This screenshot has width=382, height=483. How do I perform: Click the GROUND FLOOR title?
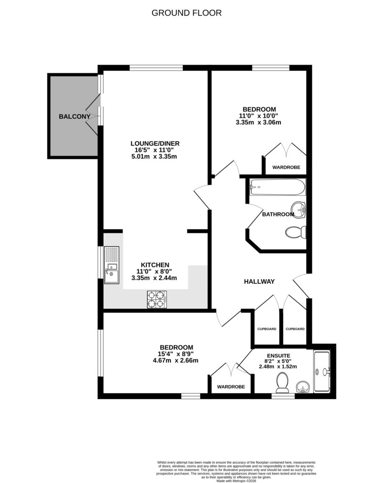pos(186,13)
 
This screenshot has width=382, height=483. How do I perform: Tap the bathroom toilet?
pos(297,233)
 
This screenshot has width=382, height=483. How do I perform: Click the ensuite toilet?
pos(283,383)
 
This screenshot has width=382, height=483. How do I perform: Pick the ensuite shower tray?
pos(323,372)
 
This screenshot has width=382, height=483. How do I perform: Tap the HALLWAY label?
pos(259,282)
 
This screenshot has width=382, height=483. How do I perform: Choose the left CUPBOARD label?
pos(267,329)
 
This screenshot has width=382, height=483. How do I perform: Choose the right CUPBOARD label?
pos(295,329)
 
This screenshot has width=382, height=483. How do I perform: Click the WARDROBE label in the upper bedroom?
pos(286,167)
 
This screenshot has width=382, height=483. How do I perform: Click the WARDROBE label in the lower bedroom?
pos(231,387)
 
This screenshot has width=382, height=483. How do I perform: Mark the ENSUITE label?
pos(278,356)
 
